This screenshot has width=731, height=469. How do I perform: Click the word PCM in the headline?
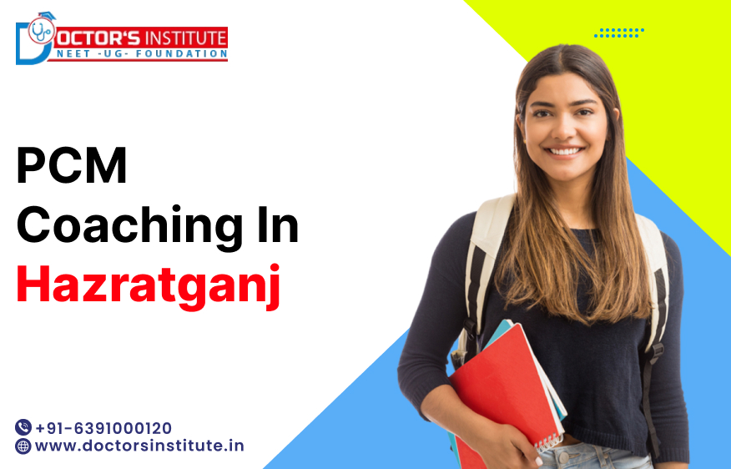[72, 167]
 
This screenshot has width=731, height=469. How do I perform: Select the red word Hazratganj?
[149, 285]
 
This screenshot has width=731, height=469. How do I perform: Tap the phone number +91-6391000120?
[103, 427]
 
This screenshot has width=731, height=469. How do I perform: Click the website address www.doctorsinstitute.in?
[139, 446]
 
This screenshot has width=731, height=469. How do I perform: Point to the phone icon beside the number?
[23, 427]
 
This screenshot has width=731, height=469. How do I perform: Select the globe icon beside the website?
[23, 446]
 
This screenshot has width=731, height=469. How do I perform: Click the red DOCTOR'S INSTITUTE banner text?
[142, 38]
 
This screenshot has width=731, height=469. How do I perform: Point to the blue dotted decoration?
[618, 33]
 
